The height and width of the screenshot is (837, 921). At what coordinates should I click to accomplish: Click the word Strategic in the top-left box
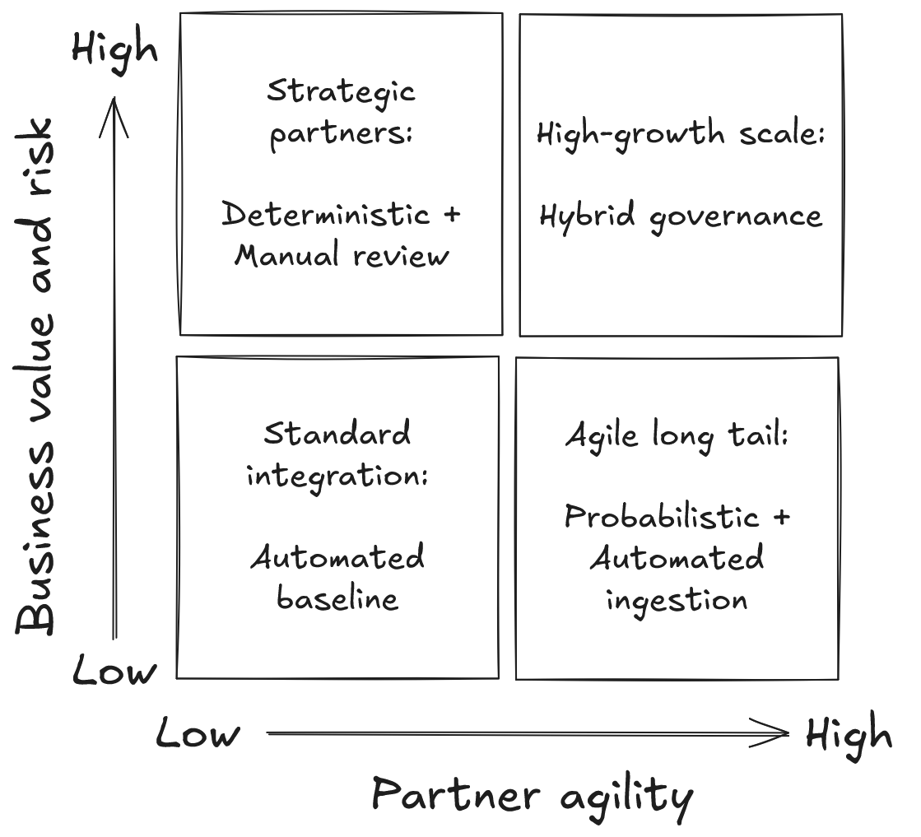click(341, 91)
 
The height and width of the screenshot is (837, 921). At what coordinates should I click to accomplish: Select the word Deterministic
click(327, 215)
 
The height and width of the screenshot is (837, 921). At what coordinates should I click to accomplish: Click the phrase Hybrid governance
click(680, 216)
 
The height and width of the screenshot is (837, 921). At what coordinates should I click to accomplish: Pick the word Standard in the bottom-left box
click(337, 434)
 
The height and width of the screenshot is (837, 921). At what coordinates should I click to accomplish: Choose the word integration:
click(337, 475)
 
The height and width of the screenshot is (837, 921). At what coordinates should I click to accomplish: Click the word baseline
click(337, 598)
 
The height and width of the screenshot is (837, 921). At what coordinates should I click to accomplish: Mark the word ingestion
click(677, 599)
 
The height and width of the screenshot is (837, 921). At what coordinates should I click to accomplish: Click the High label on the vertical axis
click(114, 49)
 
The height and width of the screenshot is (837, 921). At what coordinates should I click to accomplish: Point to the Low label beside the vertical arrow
click(114, 672)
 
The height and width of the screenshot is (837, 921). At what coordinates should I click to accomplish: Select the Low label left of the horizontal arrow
click(198, 733)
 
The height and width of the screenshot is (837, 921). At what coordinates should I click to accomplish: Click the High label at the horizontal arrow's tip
click(849, 734)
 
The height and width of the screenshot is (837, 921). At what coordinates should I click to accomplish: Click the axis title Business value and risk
click(36, 376)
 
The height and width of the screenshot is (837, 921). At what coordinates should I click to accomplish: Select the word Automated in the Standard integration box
click(337, 558)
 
